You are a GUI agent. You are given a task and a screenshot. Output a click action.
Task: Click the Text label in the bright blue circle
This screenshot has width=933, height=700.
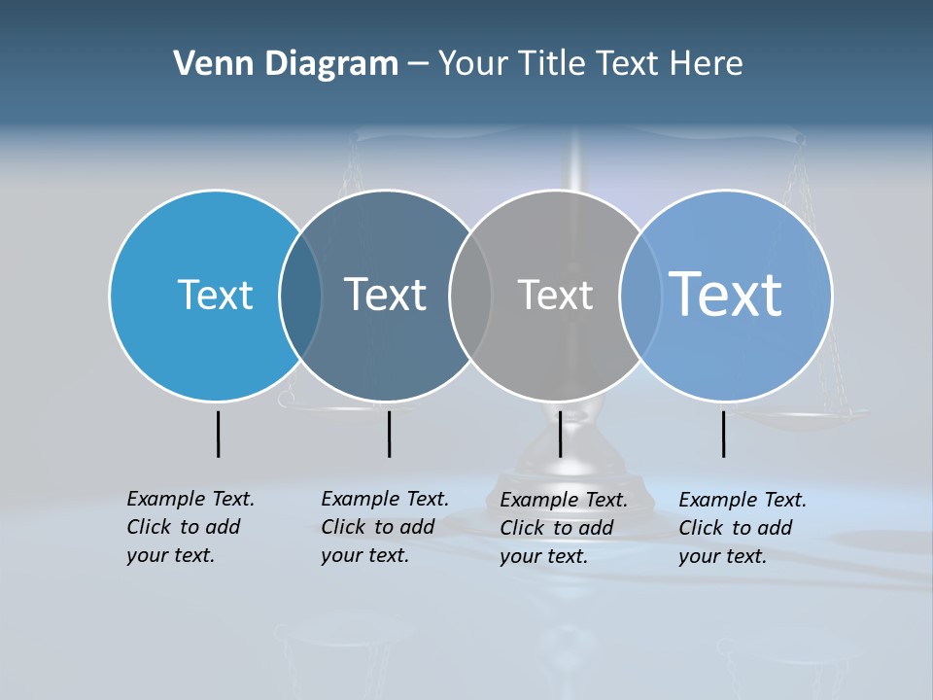[x=215, y=295]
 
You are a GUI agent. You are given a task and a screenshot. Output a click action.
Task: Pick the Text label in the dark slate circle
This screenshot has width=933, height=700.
[x=385, y=295]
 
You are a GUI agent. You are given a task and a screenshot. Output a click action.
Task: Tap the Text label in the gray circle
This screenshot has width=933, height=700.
[x=555, y=295]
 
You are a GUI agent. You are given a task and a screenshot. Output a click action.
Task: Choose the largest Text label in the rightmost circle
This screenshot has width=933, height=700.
[x=725, y=294]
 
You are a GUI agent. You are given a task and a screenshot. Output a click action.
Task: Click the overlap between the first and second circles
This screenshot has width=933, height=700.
[x=300, y=295]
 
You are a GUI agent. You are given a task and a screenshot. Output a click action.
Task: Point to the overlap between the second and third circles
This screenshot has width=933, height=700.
[x=470, y=295]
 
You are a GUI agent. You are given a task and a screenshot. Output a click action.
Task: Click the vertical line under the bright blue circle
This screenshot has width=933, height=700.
[x=218, y=434]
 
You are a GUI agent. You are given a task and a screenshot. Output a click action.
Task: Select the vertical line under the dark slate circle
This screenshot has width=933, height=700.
[x=389, y=434]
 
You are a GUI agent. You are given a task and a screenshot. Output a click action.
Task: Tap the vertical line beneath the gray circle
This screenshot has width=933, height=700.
[x=560, y=434]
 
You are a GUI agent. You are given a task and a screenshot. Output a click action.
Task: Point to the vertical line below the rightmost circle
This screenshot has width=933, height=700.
[x=723, y=434]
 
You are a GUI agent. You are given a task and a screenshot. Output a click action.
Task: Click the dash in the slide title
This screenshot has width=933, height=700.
[x=418, y=64]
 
